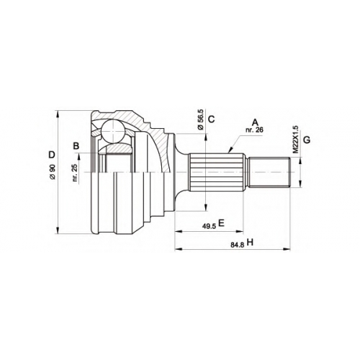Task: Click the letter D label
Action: point(52,155)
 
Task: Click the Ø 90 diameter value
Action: point(53,172)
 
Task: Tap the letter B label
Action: point(76,145)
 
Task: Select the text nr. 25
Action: point(76,173)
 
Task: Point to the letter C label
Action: point(211,119)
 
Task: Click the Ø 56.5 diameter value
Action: point(200,120)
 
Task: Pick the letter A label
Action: point(255,122)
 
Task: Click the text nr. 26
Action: point(254,130)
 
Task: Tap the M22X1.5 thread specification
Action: point(295,140)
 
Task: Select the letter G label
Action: point(307,140)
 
